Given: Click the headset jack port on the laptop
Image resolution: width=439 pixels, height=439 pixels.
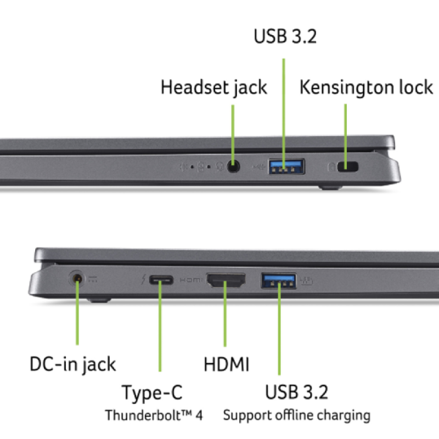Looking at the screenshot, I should click(x=234, y=166).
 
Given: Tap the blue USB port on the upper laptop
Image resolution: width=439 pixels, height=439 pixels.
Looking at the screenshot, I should click(x=286, y=166).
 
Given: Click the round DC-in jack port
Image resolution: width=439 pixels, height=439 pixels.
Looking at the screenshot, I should click(x=78, y=278).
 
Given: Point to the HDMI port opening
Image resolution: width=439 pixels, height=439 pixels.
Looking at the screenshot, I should click(x=226, y=281).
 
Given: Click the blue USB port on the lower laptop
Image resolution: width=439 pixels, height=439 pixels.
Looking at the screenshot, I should click(x=279, y=280).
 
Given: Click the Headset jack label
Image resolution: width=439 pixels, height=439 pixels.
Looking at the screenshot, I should click(x=214, y=87).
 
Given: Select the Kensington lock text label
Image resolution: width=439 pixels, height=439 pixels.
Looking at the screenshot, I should click(x=366, y=87).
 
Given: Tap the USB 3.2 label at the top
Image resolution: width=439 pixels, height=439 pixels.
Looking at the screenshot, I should click(x=285, y=36).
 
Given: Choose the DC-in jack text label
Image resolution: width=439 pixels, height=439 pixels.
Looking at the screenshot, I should click(x=72, y=364).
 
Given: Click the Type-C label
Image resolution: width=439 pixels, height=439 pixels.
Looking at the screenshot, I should click(x=152, y=393).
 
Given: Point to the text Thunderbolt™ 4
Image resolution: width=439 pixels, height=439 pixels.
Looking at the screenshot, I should click(x=154, y=415).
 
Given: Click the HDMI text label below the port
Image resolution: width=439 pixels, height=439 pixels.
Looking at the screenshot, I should click(x=227, y=364).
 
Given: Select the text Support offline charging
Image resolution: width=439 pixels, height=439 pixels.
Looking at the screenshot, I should click(x=296, y=415).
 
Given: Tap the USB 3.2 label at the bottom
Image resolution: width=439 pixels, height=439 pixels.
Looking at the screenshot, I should click(x=296, y=392).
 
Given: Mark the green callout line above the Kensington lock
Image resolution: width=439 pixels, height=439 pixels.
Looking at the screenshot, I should click(x=346, y=132).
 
